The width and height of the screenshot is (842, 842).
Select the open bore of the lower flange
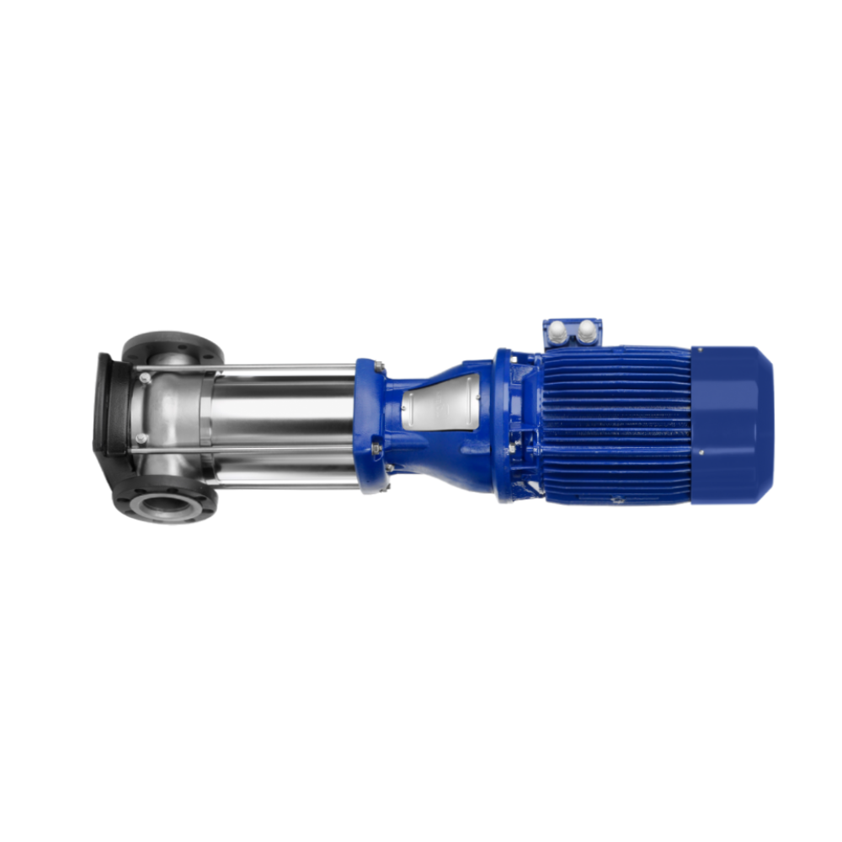(166, 504)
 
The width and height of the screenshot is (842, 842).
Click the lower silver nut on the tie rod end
(141, 439)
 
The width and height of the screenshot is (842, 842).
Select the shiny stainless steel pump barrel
(278, 413)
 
